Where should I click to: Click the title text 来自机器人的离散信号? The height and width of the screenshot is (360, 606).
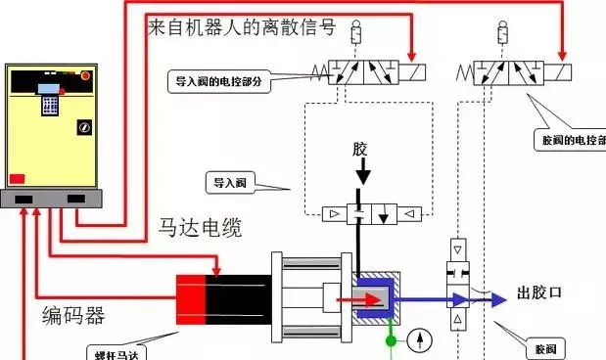pos(240,27)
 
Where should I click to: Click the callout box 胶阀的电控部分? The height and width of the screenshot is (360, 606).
pos(574,140)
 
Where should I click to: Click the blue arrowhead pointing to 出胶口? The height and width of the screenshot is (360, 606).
pos(498,299)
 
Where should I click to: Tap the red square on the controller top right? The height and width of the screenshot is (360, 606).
pos(86,75)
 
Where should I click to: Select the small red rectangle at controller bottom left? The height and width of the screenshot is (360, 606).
pos(17,176)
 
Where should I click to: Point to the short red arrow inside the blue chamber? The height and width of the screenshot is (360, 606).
pos(350,299)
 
